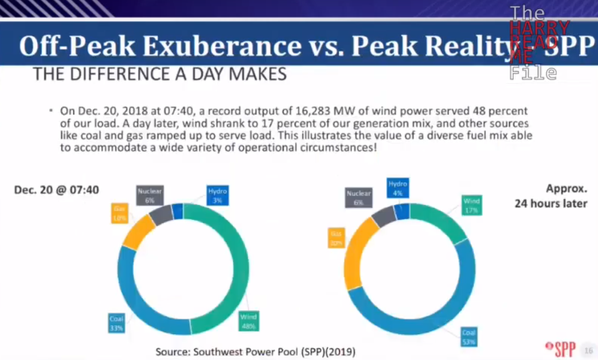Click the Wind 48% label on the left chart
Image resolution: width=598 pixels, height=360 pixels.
248,322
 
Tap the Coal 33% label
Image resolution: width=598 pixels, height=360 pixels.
116,323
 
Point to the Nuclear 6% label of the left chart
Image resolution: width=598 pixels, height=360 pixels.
150,195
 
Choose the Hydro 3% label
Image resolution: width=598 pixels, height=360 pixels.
217,195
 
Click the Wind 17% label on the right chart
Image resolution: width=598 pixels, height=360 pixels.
472,205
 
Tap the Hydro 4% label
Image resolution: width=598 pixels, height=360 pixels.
397,189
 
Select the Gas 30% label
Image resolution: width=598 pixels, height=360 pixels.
337,238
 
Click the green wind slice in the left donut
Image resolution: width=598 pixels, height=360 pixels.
241,269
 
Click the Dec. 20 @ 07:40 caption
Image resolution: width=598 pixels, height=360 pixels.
56,189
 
